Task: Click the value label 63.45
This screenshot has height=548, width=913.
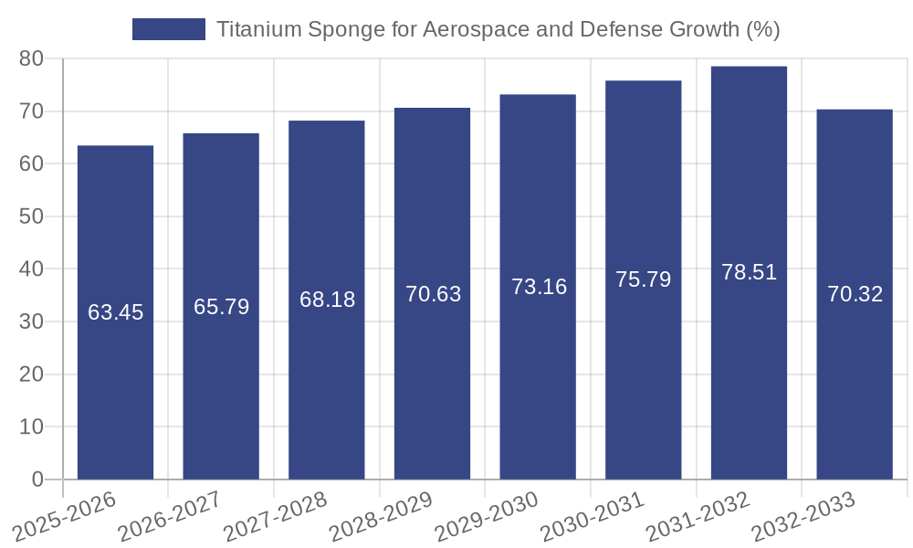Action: [115, 312]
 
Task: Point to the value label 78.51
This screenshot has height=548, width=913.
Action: [749, 272]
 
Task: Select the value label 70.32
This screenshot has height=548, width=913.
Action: [855, 294]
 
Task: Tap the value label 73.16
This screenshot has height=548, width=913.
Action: [539, 287]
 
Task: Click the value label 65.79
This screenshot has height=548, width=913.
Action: [221, 307]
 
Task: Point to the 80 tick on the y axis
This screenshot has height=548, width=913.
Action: [31, 58]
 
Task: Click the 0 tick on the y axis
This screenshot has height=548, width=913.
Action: [37, 479]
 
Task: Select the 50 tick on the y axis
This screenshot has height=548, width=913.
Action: [31, 216]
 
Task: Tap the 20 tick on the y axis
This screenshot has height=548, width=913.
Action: [31, 374]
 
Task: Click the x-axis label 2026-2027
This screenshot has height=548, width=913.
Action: [169, 517]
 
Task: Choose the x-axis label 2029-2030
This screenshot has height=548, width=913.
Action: [486, 517]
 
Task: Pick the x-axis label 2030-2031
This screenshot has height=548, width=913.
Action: [592, 517]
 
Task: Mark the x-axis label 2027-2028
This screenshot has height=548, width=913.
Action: [274, 517]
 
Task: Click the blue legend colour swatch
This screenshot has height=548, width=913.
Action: [169, 29]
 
